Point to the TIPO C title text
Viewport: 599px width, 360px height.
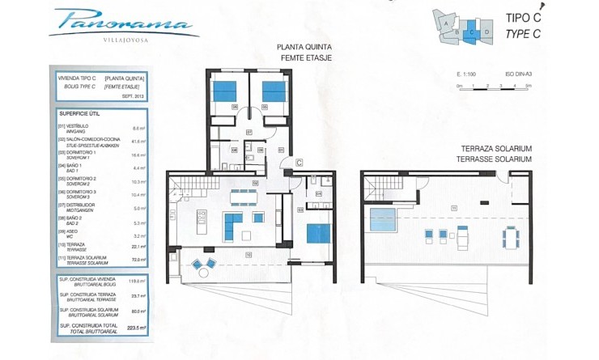pos(523,17)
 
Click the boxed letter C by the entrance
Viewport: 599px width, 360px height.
pos(299,163)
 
